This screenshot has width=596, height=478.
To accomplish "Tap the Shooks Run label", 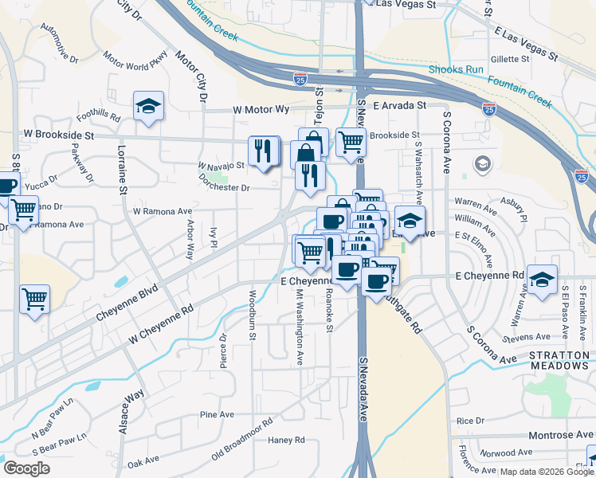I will click(x=457, y=69).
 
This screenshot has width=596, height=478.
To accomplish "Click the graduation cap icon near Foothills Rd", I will click(x=148, y=107).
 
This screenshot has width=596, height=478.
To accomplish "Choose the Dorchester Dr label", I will click(x=224, y=188).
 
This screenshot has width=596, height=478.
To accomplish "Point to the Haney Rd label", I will click(x=287, y=440).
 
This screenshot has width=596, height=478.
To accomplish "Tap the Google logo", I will click(x=27, y=468).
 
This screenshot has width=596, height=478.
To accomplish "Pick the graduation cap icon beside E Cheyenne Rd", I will click(x=542, y=280).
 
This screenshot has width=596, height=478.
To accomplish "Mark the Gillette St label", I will click(x=511, y=60).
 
